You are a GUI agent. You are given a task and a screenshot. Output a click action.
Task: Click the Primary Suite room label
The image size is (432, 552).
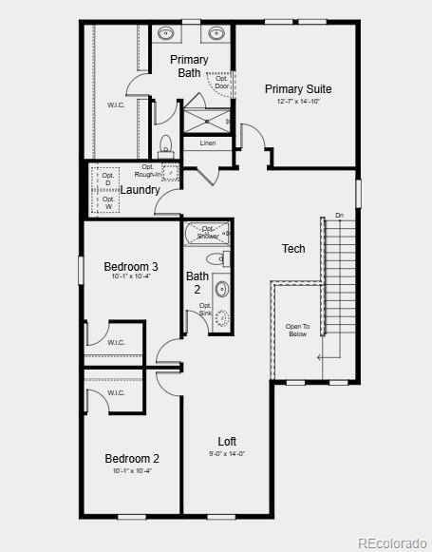(298, 89)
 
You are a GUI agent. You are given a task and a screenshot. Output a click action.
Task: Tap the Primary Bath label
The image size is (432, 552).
(189, 67)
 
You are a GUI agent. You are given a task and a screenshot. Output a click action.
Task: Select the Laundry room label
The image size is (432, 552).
(140, 189)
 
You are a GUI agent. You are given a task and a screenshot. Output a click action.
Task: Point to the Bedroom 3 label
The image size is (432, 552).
(131, 267)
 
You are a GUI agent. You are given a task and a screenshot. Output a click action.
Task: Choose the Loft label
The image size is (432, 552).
(227, 442)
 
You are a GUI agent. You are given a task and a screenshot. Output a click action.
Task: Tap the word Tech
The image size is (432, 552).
(293, 249)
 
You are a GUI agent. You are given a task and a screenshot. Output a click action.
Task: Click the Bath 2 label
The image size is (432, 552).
(197, 282)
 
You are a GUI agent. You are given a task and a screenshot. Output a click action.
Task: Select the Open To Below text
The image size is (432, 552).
(297, 330)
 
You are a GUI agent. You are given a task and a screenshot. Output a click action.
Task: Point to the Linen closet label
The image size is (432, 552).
(207, 143)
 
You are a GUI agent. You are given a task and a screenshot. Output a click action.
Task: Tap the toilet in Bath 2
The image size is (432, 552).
(216, 258)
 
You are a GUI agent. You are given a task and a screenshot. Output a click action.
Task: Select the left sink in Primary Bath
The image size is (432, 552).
(167, 33)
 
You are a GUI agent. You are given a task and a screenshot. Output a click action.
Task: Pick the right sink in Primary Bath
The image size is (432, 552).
(215, 33)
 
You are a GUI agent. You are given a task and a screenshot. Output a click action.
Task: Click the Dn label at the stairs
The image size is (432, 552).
(339, 216)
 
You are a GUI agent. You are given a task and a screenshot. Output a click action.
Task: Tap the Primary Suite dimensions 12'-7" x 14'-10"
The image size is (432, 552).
(298, 102)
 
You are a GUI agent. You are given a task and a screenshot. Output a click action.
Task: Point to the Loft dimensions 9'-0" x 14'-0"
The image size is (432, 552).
(227, 454)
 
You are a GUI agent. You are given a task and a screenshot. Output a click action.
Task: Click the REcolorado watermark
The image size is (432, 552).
(392, 542)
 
